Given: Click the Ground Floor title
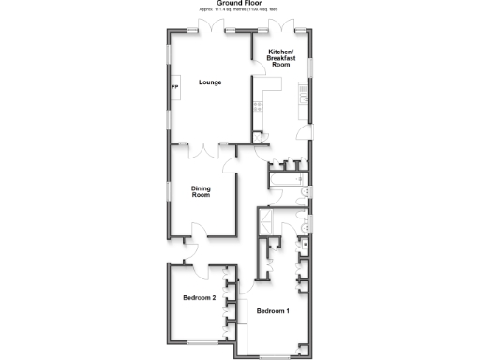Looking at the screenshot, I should (240, 3).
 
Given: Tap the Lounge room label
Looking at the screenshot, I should (210, 82).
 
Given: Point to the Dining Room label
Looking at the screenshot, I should (201, 192).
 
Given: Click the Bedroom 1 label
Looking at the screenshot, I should (274, 310).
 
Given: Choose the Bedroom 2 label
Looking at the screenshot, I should (200, 298).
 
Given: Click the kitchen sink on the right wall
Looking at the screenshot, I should (302, 92).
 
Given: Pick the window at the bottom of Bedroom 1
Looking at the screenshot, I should (275, 354).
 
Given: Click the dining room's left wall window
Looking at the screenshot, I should (169, 191).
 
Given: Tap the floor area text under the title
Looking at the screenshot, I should (240, 11).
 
